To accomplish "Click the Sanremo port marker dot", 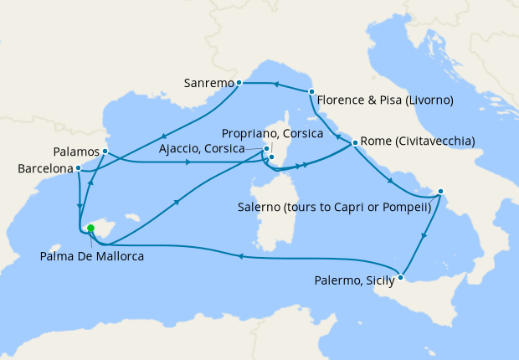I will tap(239, 83).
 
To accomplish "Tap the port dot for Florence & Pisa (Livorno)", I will tap(311, 91).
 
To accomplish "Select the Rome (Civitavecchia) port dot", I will tap(356, 142).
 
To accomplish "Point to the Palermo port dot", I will tap(402, 277).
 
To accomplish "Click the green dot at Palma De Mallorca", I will tap(90, 227).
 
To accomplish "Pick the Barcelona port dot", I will tap(78, 167).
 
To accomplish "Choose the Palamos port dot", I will tap(105, 152).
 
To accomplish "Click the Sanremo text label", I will tap(208, 83).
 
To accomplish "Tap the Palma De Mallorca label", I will tap(91, 256).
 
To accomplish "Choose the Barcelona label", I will tap(44, 168).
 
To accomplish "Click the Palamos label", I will tap(75, 152).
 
